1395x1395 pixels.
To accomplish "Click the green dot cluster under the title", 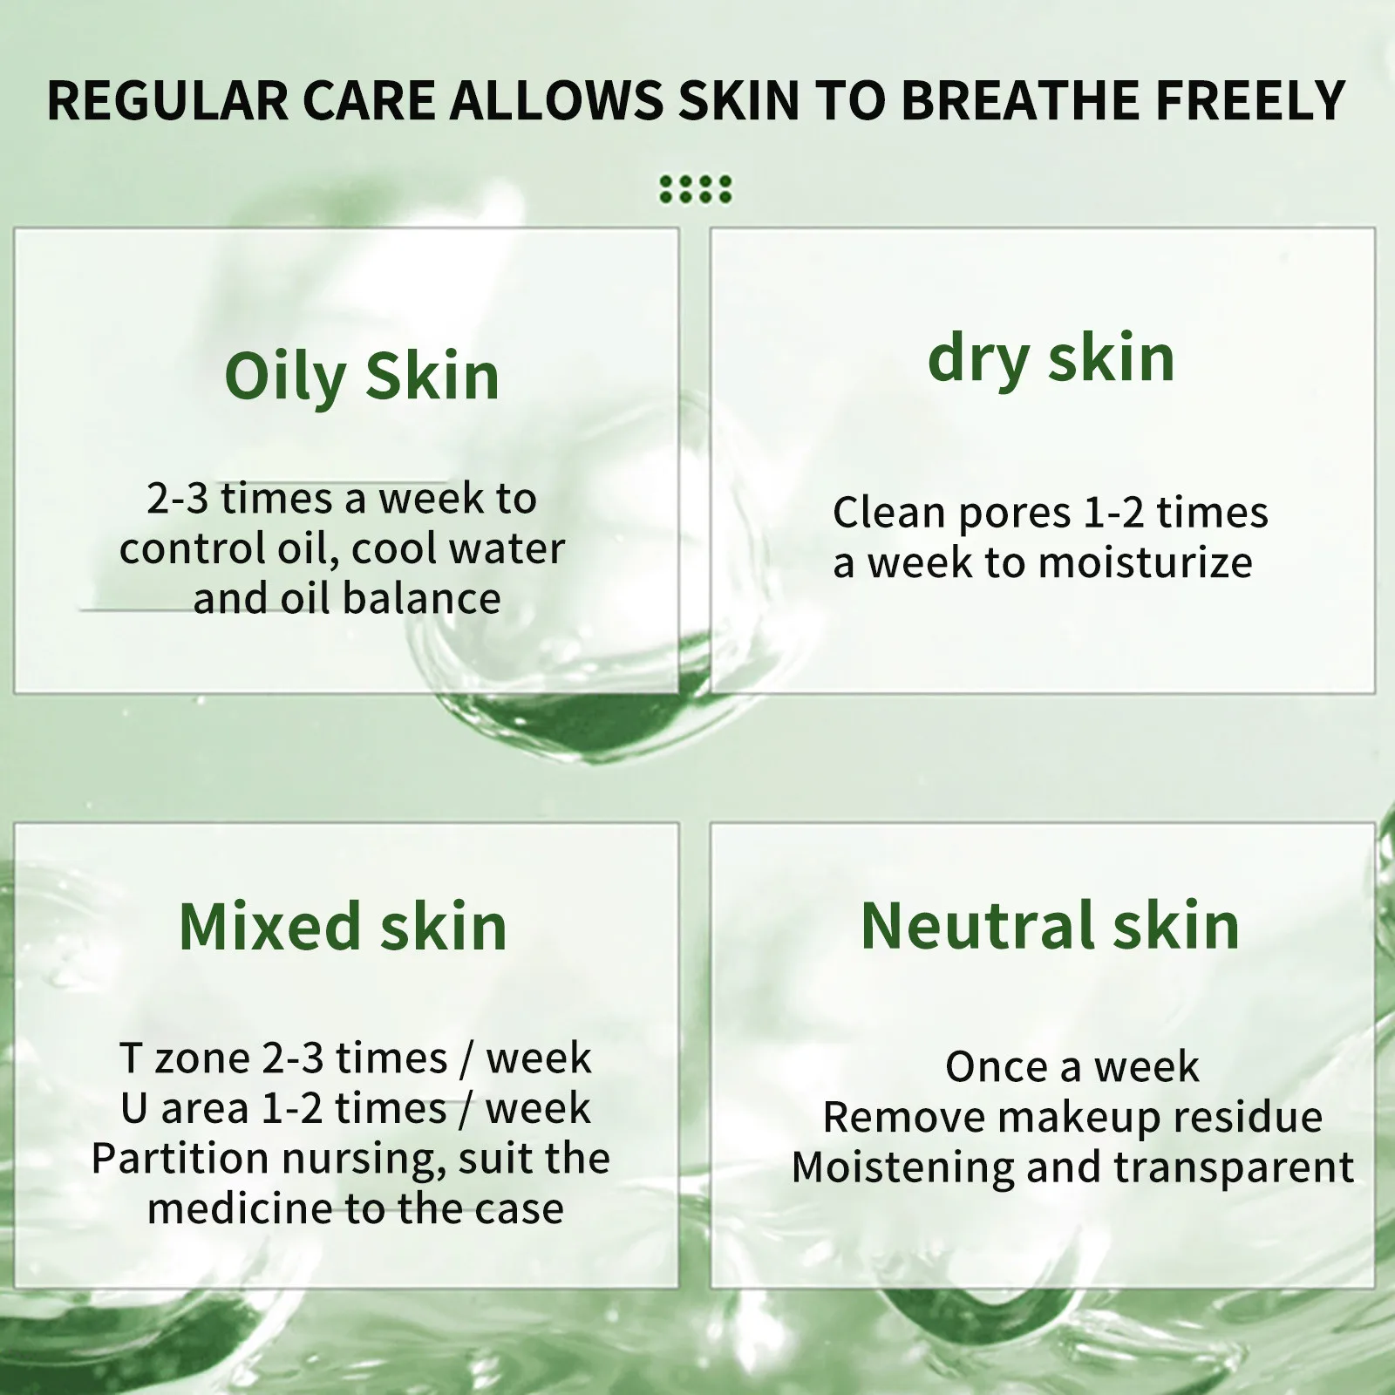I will (696, 189).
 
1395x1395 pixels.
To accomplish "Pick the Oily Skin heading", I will (362, 377).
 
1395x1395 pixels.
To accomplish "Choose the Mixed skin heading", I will (343, 926).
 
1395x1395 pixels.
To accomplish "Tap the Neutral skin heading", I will (1050, 925).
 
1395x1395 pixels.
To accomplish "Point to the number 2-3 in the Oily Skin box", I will (177, 499).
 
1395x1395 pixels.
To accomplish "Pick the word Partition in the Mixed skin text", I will (180, 1159).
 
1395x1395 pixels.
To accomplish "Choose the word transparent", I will (1233, 1167).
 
